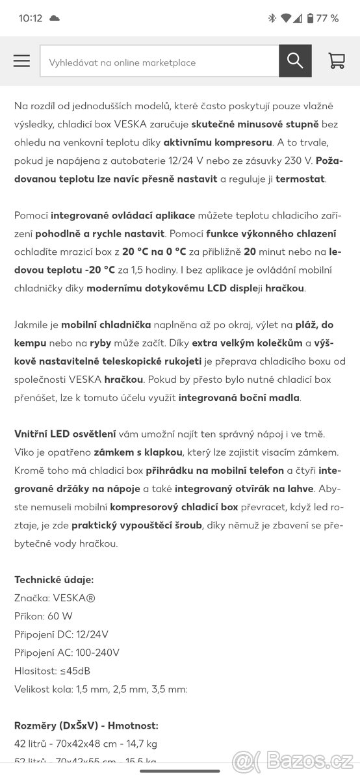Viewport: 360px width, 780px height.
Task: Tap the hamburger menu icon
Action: pyautogui.click(x=21, y=61)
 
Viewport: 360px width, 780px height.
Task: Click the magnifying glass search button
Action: pyautogui.click(x=295, y=61)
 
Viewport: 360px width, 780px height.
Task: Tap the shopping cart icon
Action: pyautogui.click(x=337, y=61)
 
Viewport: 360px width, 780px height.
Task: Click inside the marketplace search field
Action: pyautogui.click(x=159, y=62)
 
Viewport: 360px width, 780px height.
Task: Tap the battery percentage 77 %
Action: pyautogui.click(x=327, y=18)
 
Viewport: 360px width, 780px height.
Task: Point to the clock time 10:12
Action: pyautogui.click(x=31, y=18)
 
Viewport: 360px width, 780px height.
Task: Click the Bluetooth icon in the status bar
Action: pyautogui.click(x=272, y=18)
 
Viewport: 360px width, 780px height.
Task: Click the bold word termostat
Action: pyautogui.click(x=300, y=178)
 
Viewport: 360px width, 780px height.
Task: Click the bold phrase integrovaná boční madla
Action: pyautogui.click(x=239, y=397)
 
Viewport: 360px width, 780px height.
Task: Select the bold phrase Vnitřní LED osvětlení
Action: pyautogui.click(x=65, y=434)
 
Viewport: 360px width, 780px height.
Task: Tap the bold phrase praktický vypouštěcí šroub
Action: pyautogui.click(x=137, y=525)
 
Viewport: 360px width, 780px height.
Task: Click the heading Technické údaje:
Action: pyautogui.click(x=54, y=579)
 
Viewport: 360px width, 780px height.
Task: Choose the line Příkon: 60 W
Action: pyautogui.click(x=44, y=616)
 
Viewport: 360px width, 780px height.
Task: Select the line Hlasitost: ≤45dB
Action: pyautogui.click(x=52, y=670)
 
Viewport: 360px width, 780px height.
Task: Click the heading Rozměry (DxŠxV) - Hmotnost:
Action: pyautogui.click(x=86, y=725)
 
